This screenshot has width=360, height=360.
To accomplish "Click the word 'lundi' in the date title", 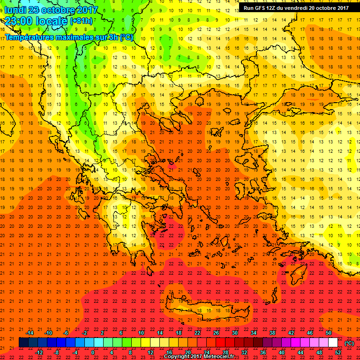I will [x=15, y=10].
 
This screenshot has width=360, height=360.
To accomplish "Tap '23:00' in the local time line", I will [x=20, y=21].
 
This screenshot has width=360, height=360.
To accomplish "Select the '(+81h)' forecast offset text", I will [x=81, y=21].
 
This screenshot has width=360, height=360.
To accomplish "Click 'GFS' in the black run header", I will [x=262, y=8].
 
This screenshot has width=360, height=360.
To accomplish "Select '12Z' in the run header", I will [x=275, y=8].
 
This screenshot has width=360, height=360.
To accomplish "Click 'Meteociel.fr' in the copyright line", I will [x=216, y=356].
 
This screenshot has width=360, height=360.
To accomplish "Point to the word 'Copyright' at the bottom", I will [x=176, y=356].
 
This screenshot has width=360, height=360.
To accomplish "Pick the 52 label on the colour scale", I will [x=338, y=352].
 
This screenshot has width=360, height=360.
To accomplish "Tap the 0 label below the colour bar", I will [x=93, y=352].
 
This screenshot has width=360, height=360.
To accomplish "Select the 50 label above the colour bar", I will [x=329, y=333].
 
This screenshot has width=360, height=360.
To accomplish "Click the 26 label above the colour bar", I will [x=216, y=333].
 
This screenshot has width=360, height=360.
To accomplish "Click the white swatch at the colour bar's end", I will [x=333, y=343].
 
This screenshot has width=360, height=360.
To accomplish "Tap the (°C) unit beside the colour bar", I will [x=349, y=343].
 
